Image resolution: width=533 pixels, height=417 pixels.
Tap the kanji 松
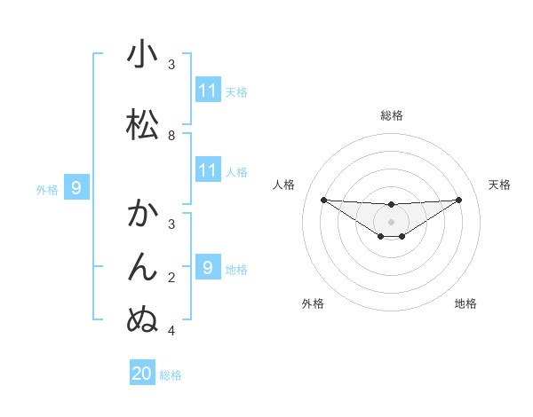point(142,124)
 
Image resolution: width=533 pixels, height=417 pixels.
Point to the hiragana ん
point(142,266)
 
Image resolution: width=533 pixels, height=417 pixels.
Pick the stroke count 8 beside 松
point(171,135)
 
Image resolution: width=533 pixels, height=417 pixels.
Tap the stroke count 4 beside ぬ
point(171,331)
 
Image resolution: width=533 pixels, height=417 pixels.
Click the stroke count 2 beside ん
point(171,278)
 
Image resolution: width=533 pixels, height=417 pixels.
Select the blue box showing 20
point(142,374)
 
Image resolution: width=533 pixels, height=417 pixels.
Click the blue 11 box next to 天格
point(208,90)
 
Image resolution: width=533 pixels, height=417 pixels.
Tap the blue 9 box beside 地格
point(208,267)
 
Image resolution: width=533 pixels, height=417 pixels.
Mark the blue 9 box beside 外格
point(76,188)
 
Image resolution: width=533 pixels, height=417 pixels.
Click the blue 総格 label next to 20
point(171,375)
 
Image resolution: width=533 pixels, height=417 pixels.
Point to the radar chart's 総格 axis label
point(391,115)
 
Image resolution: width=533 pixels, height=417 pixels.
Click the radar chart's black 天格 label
point(499,185)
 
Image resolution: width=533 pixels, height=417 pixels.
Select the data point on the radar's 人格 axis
point(323,200)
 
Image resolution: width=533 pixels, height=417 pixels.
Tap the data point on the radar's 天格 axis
point(459,200)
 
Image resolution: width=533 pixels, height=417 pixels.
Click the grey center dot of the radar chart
point(391,221)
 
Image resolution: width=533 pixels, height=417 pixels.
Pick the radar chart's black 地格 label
point(465,303)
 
